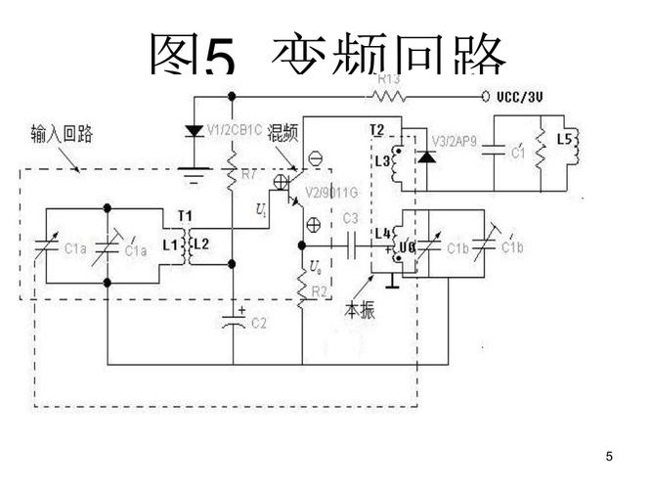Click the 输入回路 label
click(x=61, y=135)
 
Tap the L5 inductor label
click(x=564, y=140)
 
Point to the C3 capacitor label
click(x=351, y=215)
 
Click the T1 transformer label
click(x=185, y=216)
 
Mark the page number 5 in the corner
click(x=609, y=457)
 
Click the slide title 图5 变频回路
click(x=327, y=54)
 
